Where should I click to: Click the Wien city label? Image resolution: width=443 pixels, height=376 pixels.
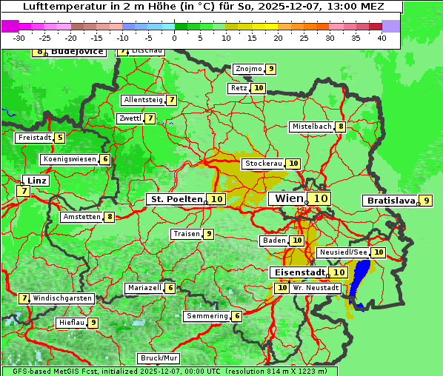pos(289,198)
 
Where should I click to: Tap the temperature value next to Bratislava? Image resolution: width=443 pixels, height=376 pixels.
pos(426,201)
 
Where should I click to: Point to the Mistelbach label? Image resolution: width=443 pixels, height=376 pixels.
pos(311,127)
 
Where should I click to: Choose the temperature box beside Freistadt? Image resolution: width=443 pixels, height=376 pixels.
pos(59,138)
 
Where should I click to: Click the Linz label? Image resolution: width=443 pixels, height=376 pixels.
pos(36,181)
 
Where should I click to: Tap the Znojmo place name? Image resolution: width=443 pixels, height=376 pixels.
pos(248,69)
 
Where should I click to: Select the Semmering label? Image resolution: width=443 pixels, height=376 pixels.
pos(207,316)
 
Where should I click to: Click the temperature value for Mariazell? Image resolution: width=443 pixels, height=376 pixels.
pos(170,288)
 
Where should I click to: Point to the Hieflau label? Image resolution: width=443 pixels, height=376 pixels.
pos(71,323)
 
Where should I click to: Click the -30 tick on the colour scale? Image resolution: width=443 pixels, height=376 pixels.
pos(19,38)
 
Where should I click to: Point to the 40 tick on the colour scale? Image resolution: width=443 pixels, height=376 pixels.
pos(382,38)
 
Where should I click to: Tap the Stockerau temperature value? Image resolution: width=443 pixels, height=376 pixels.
pos(293,164)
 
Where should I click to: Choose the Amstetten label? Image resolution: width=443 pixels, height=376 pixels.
pos(81,217)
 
